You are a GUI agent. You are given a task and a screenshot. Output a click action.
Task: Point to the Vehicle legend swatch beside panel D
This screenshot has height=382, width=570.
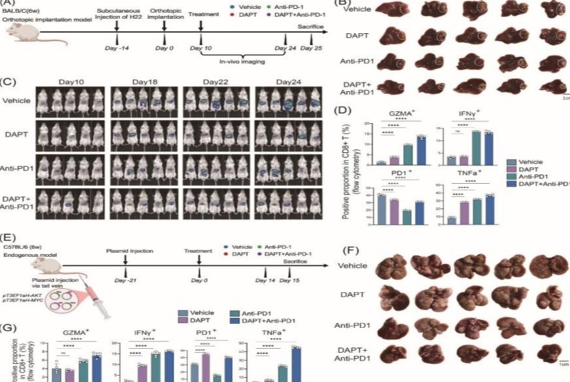click(511, 160)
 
